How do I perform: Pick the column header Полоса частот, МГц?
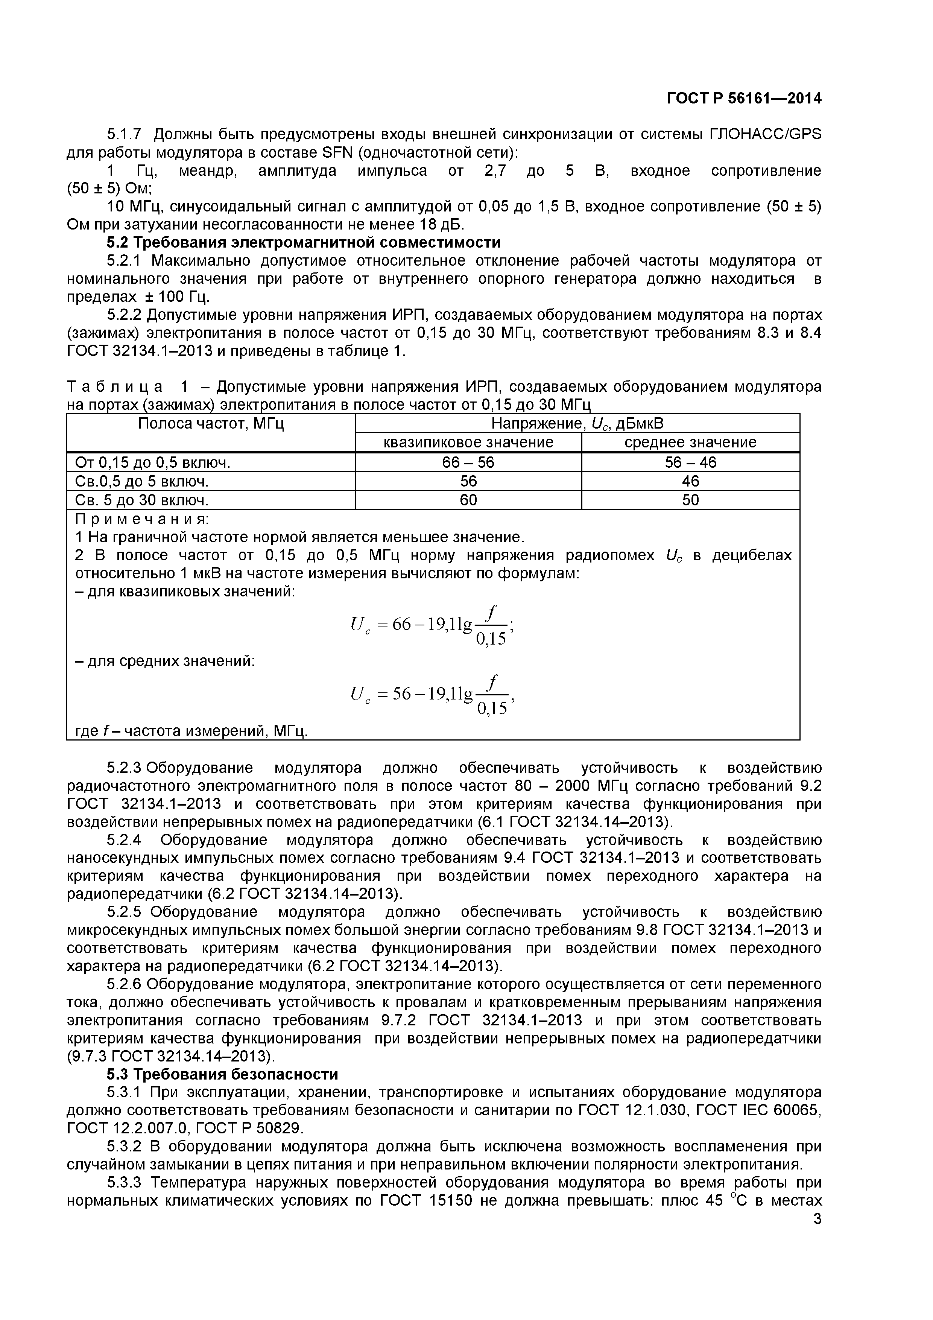(x=211, y=424)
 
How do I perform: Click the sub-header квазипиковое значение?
(x=468, y=442)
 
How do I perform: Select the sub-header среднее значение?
(x=690, y=442)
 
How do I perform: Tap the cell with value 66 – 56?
(x=468, y=463)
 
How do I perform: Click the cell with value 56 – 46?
(x=690, y=463)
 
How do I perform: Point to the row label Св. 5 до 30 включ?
(x=141, y=500)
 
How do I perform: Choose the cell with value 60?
(x=468, y=500)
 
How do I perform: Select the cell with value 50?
(x=690, y=500)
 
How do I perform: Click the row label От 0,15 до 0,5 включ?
(x=153, y=463)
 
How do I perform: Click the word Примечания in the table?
(x=142, y=519)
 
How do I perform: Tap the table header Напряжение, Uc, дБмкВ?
(x=577, y=424)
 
